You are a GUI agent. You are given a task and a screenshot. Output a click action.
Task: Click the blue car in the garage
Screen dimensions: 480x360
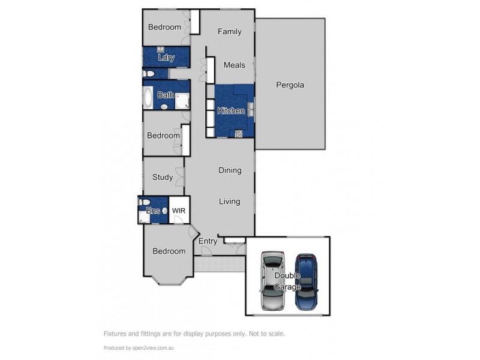(x=307, y=281)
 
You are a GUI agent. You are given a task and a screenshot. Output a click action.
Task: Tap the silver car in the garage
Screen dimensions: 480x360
(x=272, y=281)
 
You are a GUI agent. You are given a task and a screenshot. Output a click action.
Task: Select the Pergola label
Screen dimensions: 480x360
(x=290, y=85)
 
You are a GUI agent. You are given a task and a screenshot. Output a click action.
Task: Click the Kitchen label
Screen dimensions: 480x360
(x=231, y=110)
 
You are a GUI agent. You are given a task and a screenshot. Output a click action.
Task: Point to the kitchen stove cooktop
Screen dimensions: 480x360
(x=238, y=133)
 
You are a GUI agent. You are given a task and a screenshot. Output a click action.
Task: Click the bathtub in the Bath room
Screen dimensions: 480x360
(x=148, y=98)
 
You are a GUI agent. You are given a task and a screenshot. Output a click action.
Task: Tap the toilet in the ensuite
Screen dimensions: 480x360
(x=145, y=202)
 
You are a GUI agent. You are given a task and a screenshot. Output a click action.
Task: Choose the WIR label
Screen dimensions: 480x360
(x=179, y=211)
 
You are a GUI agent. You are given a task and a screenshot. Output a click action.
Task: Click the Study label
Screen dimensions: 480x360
(x=163, y=177)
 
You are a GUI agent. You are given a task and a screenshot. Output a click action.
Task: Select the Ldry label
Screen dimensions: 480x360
(x=166, y=57)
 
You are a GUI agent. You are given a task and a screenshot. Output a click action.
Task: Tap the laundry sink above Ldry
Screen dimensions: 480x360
(x=161, y=50)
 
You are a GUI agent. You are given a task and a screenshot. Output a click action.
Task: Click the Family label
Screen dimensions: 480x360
(x=230, y=32)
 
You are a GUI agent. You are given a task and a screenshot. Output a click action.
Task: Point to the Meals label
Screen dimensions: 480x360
(x=234, y=65)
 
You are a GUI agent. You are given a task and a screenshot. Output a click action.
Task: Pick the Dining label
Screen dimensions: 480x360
(x=230, y=170)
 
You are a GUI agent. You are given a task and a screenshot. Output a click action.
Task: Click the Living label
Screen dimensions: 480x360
(x=230, y=202)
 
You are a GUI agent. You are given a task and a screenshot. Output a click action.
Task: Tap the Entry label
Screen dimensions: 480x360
(x=208, y=241)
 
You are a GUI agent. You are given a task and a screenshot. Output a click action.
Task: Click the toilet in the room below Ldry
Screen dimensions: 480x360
(x=149, y=73)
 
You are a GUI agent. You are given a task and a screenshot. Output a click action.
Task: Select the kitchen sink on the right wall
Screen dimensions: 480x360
(x=251, y=109)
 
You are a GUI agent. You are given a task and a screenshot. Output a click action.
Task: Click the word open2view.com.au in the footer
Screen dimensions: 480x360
(x=153, y=348)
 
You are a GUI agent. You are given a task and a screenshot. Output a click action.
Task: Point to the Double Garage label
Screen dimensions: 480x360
(x=287, y=281)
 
